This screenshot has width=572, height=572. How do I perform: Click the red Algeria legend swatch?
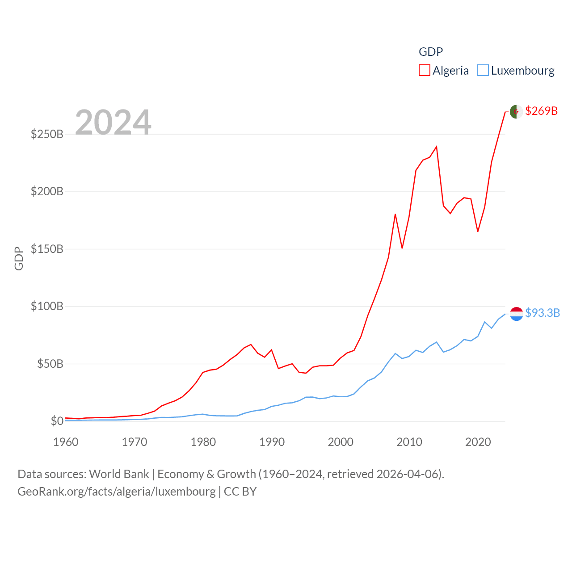coord(425,71)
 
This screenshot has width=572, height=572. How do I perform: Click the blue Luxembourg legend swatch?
coord(483,71)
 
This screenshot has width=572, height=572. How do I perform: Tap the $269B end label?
coord(541,111)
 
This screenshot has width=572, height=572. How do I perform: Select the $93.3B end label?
coord(542,313)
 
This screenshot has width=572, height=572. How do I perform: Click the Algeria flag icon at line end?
coord(516,112)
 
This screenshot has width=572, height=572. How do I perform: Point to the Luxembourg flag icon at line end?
coord(516,314)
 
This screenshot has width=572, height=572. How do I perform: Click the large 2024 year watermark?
coord(113,122)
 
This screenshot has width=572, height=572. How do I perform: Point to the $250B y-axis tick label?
coord(47,134)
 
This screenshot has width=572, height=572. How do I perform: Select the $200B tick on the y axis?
coord(47,192)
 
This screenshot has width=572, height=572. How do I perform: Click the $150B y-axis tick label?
coord(47,249)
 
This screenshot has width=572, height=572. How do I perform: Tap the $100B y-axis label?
coord(47,307)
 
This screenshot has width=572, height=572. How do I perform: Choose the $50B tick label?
coord(50,364)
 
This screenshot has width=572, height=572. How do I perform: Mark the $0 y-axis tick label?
coord(57,421)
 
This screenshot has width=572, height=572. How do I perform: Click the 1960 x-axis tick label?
coord(66,442)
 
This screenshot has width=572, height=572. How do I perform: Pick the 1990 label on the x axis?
coord(272,442)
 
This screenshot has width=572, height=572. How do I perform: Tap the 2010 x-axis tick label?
coord(409,442)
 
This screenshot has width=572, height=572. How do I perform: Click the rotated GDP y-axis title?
coord(19,258)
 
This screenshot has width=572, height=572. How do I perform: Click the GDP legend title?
coord(431,52)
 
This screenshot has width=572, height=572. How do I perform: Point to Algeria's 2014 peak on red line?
coord(436,147)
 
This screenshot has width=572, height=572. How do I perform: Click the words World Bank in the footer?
coord(119,474)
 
